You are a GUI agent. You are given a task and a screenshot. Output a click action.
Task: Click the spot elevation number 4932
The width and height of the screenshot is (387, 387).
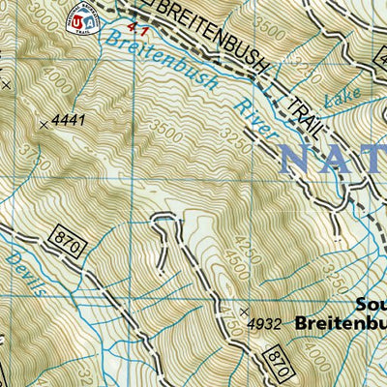(264, 324)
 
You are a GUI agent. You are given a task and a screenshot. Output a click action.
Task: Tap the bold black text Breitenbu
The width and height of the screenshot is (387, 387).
(341, 321)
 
